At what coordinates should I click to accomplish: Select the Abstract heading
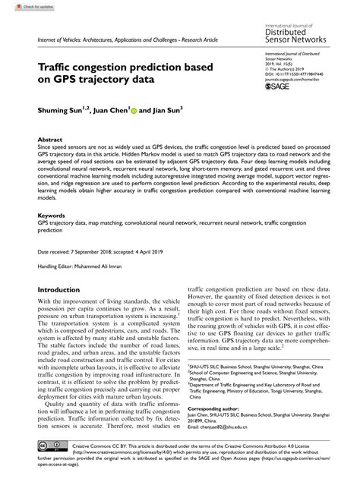(x=50, y=140)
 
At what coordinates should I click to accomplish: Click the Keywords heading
(x=52, y=215)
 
